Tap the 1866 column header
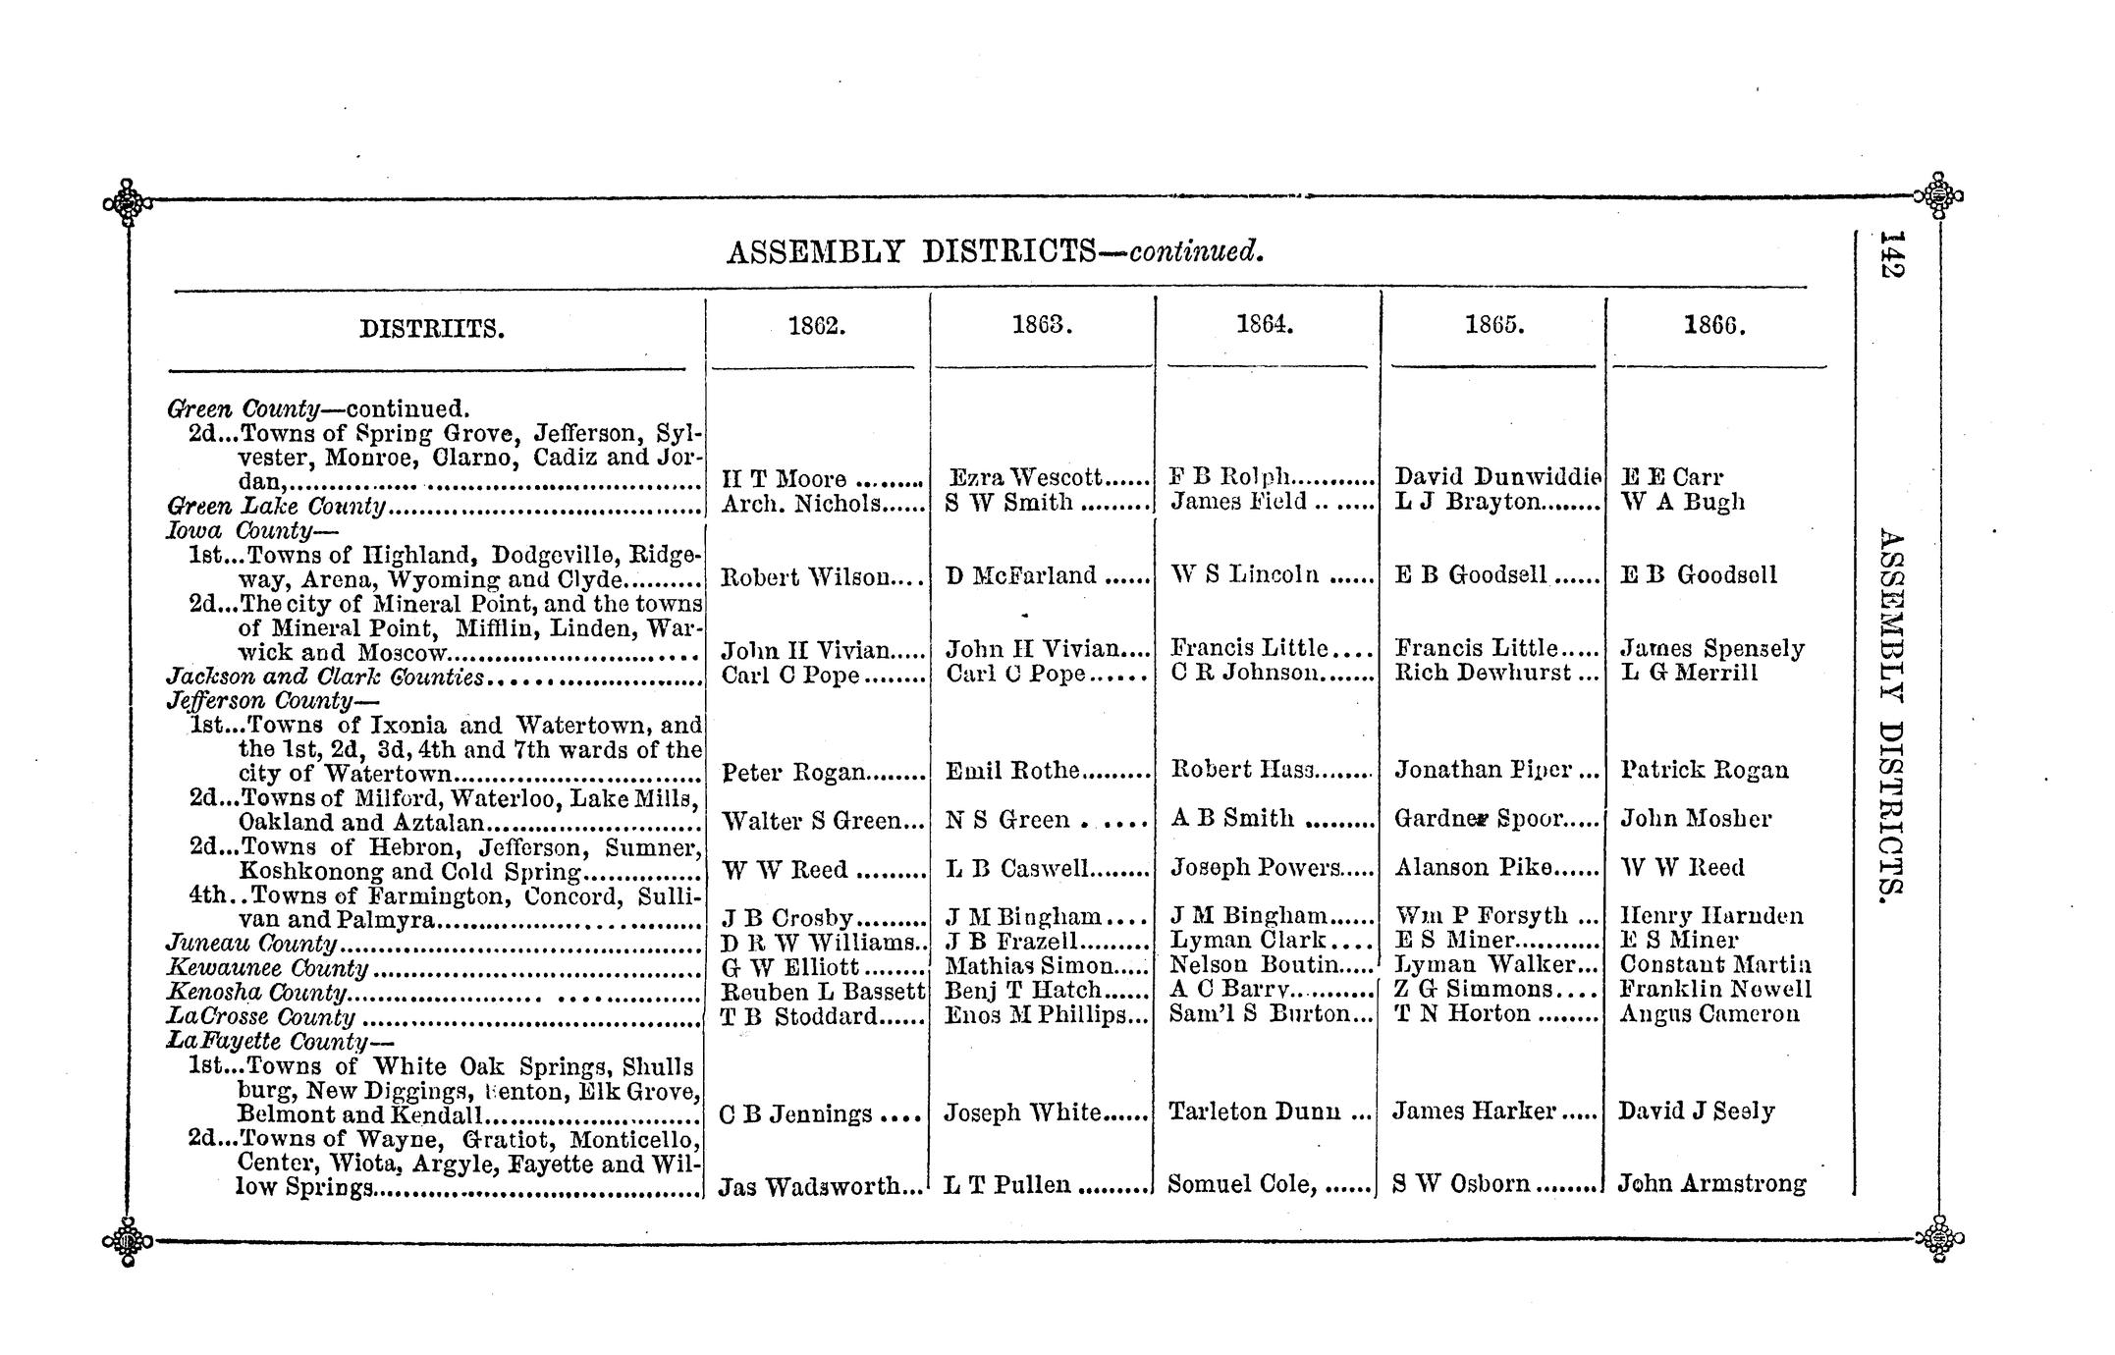[1714, 327]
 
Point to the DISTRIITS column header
[432, 329]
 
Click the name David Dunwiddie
[1496, 477]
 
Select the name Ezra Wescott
[1027, 478]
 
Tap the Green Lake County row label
[277, 506]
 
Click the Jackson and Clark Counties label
[325, 677]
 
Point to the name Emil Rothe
[1012, 771]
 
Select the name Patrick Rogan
[1705, 770]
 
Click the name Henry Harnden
[1710, 916]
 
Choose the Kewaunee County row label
[267, 969]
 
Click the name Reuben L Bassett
[822, 992]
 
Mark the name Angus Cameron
[1709, 1014]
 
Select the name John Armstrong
[1710, 1184]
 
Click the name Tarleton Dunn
[1256, 1111]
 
